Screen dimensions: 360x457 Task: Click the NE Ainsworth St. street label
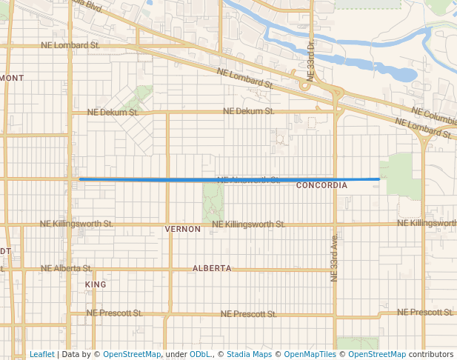pos(249,180)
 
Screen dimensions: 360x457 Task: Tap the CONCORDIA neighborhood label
pos(321,185)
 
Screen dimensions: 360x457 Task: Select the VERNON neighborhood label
pos(183,230)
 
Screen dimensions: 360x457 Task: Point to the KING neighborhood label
pos(96,284)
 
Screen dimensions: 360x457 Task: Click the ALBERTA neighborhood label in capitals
pos(212,268)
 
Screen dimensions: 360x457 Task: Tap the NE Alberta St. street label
pos(67,268)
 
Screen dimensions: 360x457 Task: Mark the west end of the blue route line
pos(80,179)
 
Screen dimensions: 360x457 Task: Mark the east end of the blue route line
pos(379,179)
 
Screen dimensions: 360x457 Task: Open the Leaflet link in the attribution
pos(41,354)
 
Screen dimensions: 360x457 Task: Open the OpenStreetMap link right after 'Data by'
pos(132,354)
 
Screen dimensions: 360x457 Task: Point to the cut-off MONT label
pos(13,78)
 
